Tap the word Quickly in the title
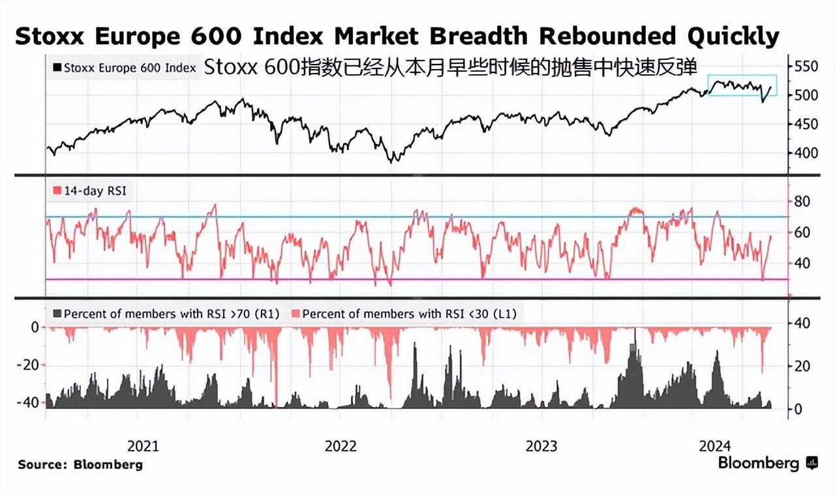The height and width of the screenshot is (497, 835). coord(724,37)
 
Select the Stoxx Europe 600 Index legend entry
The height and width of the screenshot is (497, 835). coord(124,67)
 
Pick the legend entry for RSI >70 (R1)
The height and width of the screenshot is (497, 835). coord(166,314)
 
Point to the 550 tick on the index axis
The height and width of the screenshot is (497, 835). coord(806,67)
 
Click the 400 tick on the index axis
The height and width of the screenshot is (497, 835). coord(806,153)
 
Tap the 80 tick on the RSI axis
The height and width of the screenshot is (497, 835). coord(802,202)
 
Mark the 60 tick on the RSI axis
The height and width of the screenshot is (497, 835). coord(802,233)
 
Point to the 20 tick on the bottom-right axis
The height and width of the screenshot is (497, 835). coord(802,367)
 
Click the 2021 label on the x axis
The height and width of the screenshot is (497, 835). coord(143,446)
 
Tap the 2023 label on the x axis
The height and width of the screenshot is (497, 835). coord(541,446)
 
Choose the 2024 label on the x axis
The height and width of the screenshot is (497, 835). coord(715,446)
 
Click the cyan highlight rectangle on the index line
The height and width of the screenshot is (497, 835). coord(742,85)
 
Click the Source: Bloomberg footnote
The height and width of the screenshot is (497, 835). coord(80,465)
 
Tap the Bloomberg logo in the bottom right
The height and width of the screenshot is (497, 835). coord(767,464)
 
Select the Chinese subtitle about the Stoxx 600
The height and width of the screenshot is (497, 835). coord(450,68)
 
